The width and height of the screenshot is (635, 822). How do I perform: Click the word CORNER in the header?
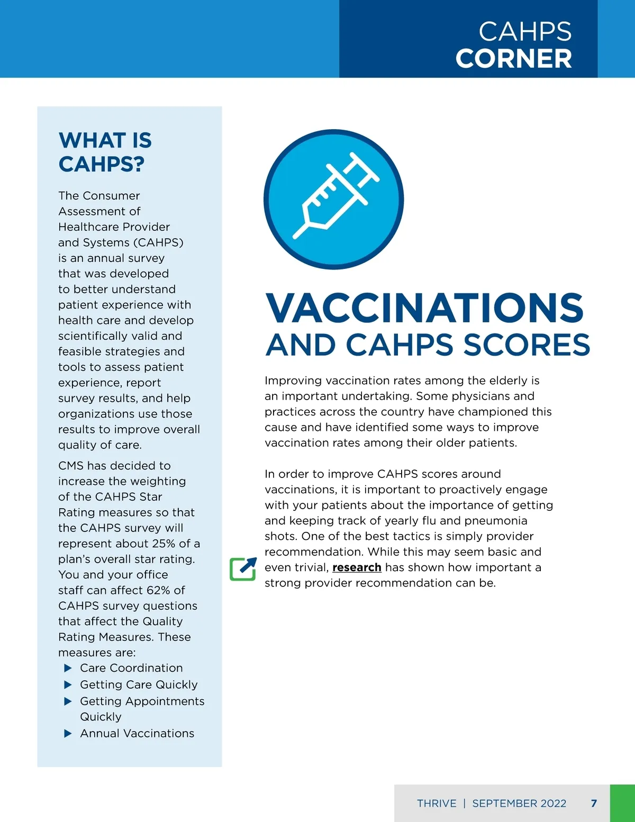point(513,58)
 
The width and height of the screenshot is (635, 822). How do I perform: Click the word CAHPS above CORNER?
point(525,32)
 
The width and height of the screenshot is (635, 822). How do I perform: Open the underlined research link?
point(357,567)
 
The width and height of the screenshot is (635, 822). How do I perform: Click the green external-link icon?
point(243,569)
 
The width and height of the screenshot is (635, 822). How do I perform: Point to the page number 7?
point(594,803)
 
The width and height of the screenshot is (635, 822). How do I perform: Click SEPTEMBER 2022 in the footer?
point(519,803)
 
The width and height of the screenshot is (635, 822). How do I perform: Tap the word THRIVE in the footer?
point(437,803)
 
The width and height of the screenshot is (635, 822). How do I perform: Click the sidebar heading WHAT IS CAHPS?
point(105,152)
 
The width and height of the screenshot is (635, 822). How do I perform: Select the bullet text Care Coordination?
point(131,668)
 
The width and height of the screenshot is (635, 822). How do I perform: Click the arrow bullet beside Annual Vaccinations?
point(68,734)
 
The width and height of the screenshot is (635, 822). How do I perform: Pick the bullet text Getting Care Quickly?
point(139,685)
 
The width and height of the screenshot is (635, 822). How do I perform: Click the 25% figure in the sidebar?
point(163,544)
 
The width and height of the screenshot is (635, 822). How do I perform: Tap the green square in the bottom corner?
point(622,803)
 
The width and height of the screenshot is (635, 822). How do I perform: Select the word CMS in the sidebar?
point(71,466)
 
